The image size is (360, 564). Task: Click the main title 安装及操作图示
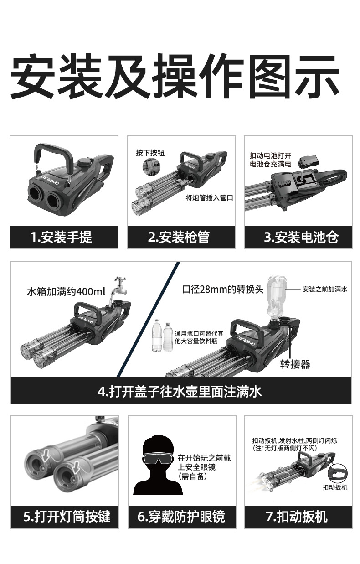[x=175, y=76]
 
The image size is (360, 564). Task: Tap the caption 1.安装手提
[x=61, y=237]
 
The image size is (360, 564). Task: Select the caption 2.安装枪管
[x=179, y=237]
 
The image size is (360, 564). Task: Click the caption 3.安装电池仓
[x=301, y=237]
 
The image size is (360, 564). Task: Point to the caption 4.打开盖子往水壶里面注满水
[x=180, y=392]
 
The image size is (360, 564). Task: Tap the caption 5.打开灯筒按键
[x=67, y=517]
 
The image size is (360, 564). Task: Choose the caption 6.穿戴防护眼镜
[x=181, y=517]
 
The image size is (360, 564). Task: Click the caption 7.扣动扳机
[x=297, y=517]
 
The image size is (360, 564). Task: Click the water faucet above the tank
[x=119, y=286]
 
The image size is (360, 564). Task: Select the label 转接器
[x=295, y=364]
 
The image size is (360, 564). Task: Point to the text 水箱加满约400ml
[x=66, y=291]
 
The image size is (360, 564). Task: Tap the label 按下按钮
[x=150, y=153]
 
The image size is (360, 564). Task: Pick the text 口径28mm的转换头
[x=223, y=290]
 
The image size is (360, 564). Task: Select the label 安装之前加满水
[x=325, y=290]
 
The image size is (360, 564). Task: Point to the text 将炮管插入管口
[x=209, y=198]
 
